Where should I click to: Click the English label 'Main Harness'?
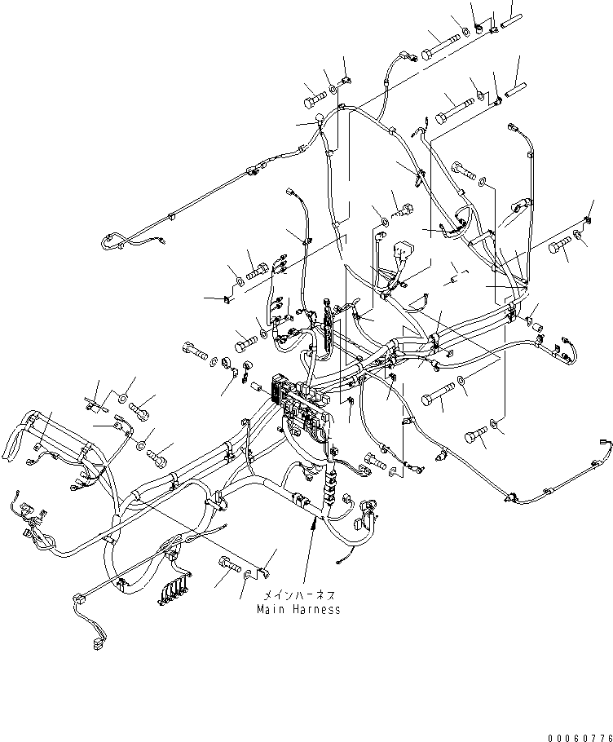pos(298,609)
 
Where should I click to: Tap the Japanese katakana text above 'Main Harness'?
pos(298,596)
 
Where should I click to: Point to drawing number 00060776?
pos(579,737)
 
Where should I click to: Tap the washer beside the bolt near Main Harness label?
pos(248,576)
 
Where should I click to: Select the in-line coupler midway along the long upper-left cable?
pos(253,171)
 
